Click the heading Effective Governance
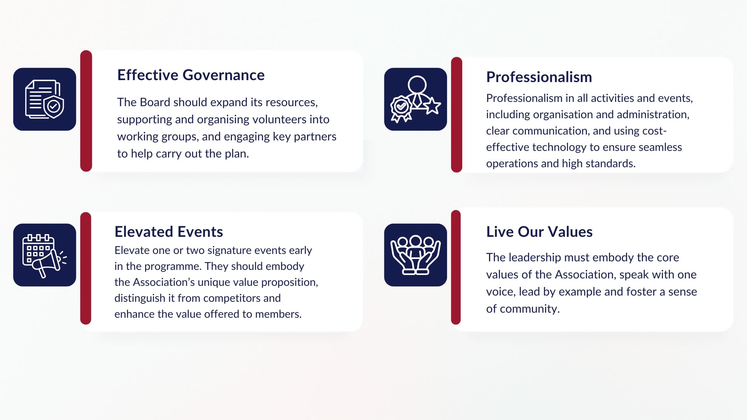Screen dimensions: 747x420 (191, 75)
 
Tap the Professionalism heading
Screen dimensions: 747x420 (539, 77)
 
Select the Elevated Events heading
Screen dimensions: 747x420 (168, 232)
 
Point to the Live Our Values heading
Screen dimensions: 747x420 (539, 232)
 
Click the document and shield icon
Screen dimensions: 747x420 (45, 99)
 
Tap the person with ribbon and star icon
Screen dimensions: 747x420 (416, 99)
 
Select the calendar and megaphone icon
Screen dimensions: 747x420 (45, 255)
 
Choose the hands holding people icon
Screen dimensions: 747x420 (416, 255)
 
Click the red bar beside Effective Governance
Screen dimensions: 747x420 (86, 111)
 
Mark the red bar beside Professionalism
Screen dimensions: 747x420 (457, 115)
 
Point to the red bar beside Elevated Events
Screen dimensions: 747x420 (86, 268)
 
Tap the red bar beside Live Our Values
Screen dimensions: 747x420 (456, 267)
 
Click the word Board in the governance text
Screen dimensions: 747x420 (155, 102)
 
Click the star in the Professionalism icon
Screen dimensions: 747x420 (432, 106)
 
